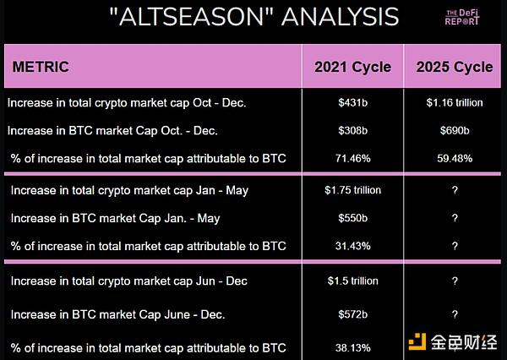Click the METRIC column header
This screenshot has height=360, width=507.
point(41,67)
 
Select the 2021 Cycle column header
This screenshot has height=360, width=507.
point(352,68)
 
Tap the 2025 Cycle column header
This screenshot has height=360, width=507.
point(455,68)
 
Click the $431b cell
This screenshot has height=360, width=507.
point(352,103)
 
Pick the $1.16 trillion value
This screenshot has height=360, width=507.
point(455,103)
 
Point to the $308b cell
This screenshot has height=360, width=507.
point(352,131)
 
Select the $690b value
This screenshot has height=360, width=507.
point(455,131)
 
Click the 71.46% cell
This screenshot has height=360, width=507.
point(352,159)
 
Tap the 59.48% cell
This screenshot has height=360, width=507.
point(455,159)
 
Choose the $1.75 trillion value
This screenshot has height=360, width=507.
point(352,190)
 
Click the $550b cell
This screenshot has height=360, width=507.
point(352,218)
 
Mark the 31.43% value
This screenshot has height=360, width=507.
point(352,246)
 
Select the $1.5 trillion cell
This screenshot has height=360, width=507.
point(352,281)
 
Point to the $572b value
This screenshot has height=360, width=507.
point(352,314)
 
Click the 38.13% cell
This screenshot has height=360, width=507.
point(352,348)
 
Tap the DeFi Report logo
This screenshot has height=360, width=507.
point(462,17)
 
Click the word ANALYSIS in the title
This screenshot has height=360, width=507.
point(340,17)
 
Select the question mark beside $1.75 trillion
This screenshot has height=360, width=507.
point(455,190)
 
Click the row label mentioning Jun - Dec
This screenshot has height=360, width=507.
point(129,281)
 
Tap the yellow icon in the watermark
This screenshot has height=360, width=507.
point(417,342)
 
